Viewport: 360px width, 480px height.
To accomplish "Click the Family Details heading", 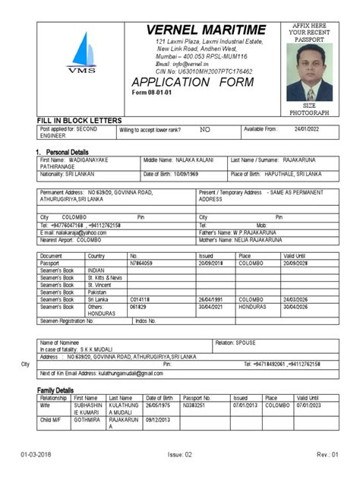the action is [55, 390].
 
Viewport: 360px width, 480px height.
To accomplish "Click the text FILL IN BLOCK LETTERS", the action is [80, 121].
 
